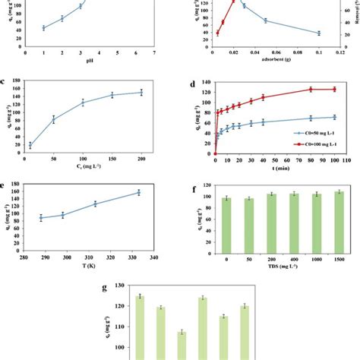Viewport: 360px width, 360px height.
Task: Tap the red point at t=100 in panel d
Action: click(x=334, y=90)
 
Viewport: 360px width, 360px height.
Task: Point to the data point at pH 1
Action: click(x=44, y=28)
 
